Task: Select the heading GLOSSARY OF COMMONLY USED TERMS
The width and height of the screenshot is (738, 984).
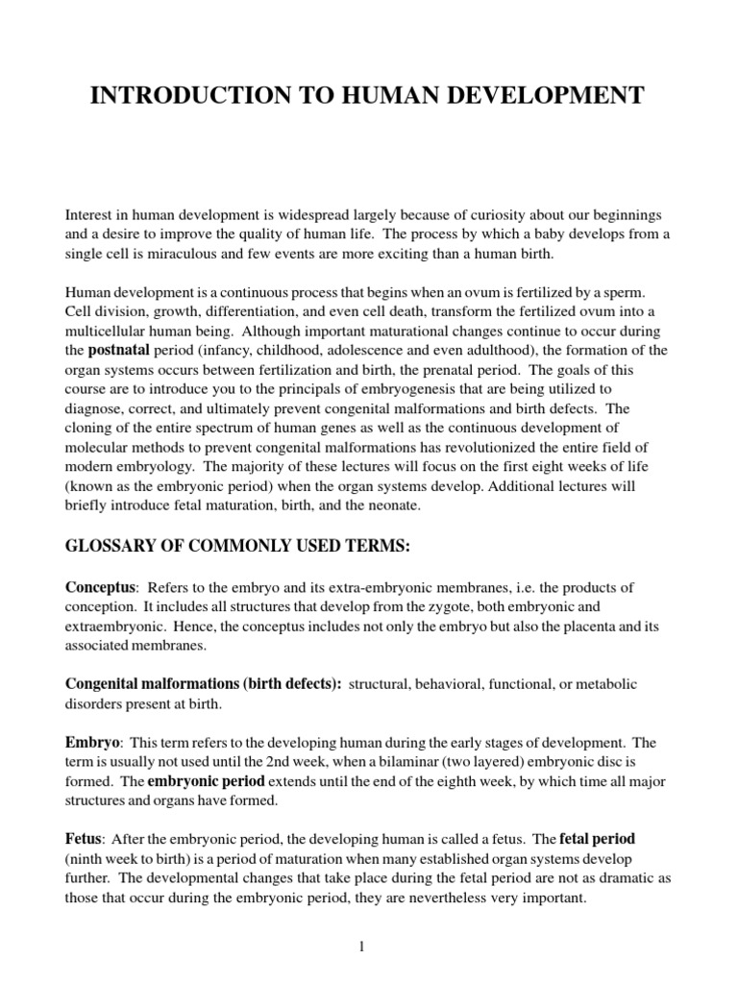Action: (237, 547)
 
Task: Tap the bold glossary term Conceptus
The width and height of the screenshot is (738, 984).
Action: (99, 586)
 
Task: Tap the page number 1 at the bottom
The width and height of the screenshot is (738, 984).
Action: (362, 920)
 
